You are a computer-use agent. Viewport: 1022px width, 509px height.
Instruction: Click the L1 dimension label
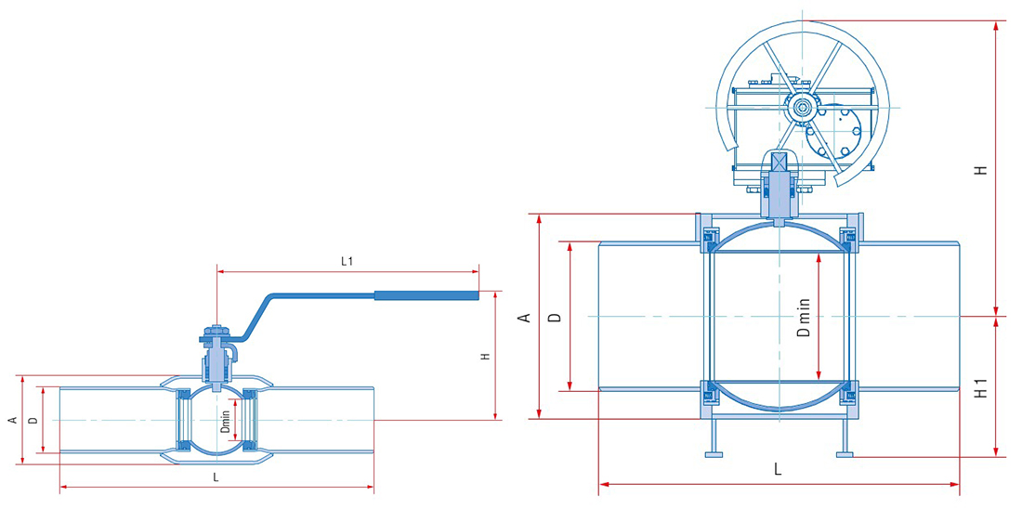[x=347, y=261]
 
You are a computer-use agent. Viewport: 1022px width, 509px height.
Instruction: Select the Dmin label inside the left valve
[x=226, y=421]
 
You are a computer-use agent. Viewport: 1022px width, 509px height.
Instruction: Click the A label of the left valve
[x=12, y=421]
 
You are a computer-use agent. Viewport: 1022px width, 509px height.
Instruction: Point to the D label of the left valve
[x=33, y=421]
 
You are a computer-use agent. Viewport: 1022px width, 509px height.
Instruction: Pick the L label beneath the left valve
[x=216, y=476]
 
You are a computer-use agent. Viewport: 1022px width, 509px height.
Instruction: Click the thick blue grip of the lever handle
[x=426, y=295]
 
